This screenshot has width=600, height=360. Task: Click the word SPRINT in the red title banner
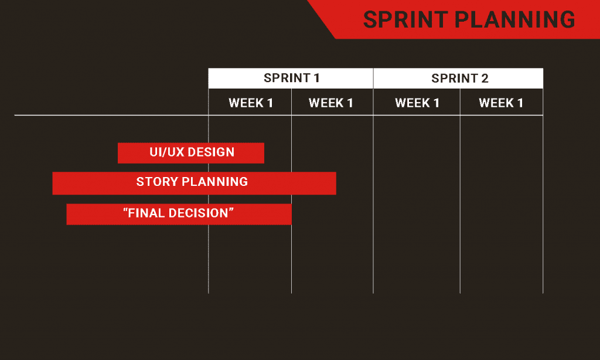click(405, 19)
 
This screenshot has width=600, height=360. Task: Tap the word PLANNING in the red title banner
click(515, 19)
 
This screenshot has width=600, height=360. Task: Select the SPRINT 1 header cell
click(291, 79)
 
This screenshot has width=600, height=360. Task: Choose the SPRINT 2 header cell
click(458, 79)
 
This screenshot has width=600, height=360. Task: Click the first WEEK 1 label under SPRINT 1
click(251, 103)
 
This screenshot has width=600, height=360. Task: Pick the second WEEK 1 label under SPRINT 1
click(330, 103)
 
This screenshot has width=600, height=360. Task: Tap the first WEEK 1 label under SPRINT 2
click(417, 103)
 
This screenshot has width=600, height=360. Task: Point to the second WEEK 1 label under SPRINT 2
click(501, 103)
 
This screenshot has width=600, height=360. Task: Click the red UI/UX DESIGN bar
click(191, 153)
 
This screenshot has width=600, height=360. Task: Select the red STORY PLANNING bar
click(195, 183)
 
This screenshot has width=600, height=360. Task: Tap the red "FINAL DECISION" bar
click(179, 214)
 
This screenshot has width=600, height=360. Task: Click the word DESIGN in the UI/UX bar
click(211, 152)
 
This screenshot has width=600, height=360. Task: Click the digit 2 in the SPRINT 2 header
click(485, 79)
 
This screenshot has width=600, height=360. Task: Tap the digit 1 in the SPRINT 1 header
click(317, 78)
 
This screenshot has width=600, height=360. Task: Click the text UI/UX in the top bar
click(167, 152)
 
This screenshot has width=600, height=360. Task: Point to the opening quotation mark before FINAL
click(125, 210)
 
